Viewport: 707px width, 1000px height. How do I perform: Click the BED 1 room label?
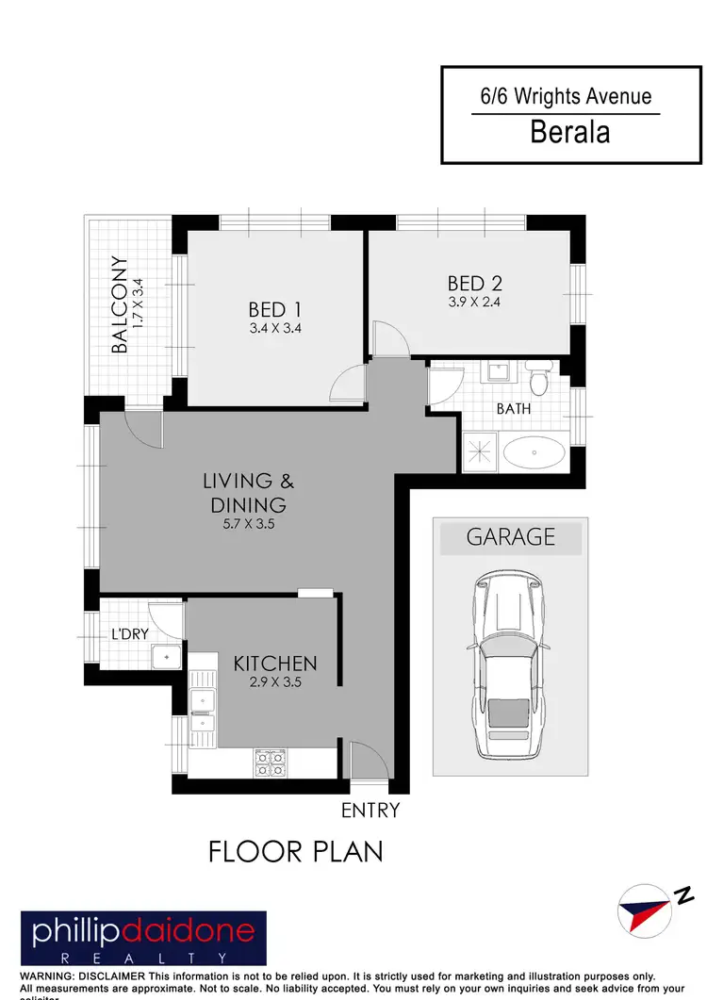[274, 309]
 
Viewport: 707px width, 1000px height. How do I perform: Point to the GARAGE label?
[510, 537]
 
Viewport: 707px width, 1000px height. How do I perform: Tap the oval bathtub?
[534, 453]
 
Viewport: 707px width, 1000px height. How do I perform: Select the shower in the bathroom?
[480, 451]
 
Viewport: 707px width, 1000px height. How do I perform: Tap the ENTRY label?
[370, 810]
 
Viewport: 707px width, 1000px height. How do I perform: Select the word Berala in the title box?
[569, 131]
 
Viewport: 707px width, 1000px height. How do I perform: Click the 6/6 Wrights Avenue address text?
[565, 96]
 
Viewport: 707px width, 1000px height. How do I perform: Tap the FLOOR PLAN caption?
[295, 852]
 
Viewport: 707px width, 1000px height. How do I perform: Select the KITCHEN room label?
[275, 664]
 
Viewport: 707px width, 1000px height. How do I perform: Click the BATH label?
[514, 409]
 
